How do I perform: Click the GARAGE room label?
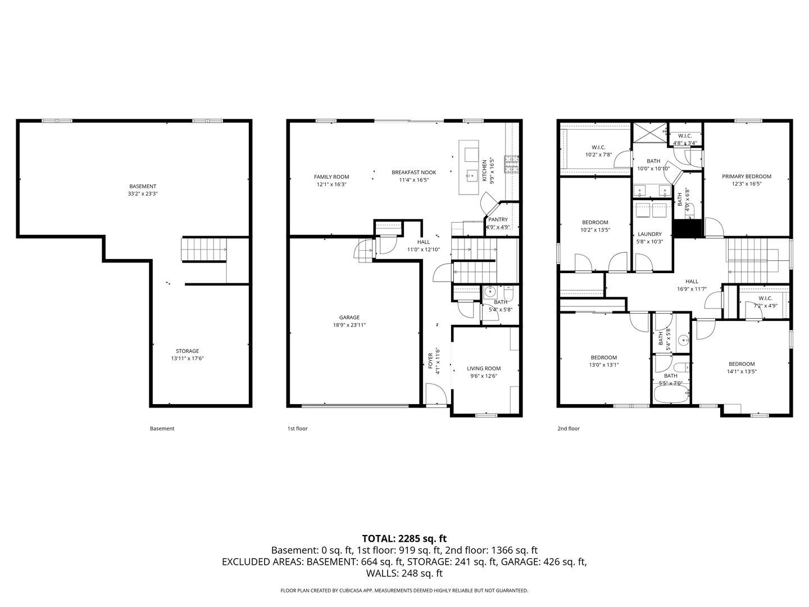click(x=349, y=318)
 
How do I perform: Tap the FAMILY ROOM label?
click(x=331, y=177)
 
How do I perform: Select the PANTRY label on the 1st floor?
click(x=498, y=220)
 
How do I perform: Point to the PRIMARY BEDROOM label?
click(x=746, y=176)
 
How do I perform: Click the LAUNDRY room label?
click(x=649, y=234)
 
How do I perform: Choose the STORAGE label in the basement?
click(x=187, y=351)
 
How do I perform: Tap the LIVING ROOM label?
click(x=483, y=369)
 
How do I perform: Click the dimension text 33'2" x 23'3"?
click(x=143, y=194)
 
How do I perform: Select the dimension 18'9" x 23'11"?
click(x=349, y=325)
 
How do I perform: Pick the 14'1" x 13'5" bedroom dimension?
click(x=742, y=372)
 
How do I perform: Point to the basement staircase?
click(x=204, y=250)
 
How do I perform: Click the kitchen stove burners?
click(x=511, y=164)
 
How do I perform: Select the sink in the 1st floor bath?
click(x=490, y=292)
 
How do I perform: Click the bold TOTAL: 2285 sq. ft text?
click(x=404, y=538)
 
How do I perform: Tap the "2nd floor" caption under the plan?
click(x=568, y=429)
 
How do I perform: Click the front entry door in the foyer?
click(x=436, y=395)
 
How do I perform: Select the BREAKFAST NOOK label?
click(x=413, y=173)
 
